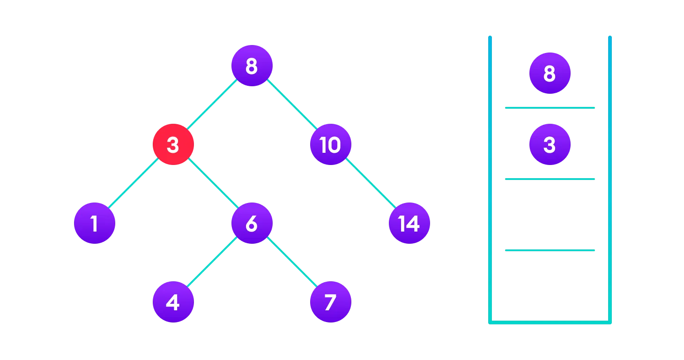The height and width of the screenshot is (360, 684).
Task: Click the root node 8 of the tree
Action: tap(252, 66)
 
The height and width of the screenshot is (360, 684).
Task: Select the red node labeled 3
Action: tap(173, 144)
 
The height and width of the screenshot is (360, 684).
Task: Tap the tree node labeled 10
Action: tap(330, 144)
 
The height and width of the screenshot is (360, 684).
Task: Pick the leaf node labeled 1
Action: tap(94, 223)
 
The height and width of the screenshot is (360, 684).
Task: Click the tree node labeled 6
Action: tap(252, 223)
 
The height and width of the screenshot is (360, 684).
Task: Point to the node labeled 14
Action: tap(409, 223)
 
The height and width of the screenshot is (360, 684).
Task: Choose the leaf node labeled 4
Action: tap(173, 302)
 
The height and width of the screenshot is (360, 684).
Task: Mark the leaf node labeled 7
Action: tap(330, 302)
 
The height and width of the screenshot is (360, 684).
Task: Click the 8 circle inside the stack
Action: tap(550, 73)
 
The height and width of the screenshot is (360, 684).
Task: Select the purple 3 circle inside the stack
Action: tap(550, 144)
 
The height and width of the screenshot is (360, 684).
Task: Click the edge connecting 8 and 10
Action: tap(291, 105)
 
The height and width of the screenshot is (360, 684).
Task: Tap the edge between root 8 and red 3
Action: tap(212, 105)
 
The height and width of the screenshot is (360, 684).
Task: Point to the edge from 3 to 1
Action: tap(134, 184)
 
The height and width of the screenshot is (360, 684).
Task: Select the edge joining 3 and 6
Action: tap(212, 184)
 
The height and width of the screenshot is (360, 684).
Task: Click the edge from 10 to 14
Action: tap(370, 184)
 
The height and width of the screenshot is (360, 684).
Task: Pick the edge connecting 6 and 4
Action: tap(212, 262)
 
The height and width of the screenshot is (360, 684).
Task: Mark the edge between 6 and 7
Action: tap(291, 262)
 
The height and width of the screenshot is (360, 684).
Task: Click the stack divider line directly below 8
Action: tap(550, 108)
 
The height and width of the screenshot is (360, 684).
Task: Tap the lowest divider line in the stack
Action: tap(550, 250)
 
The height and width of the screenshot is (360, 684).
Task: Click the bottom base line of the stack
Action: tap(550, 322)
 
